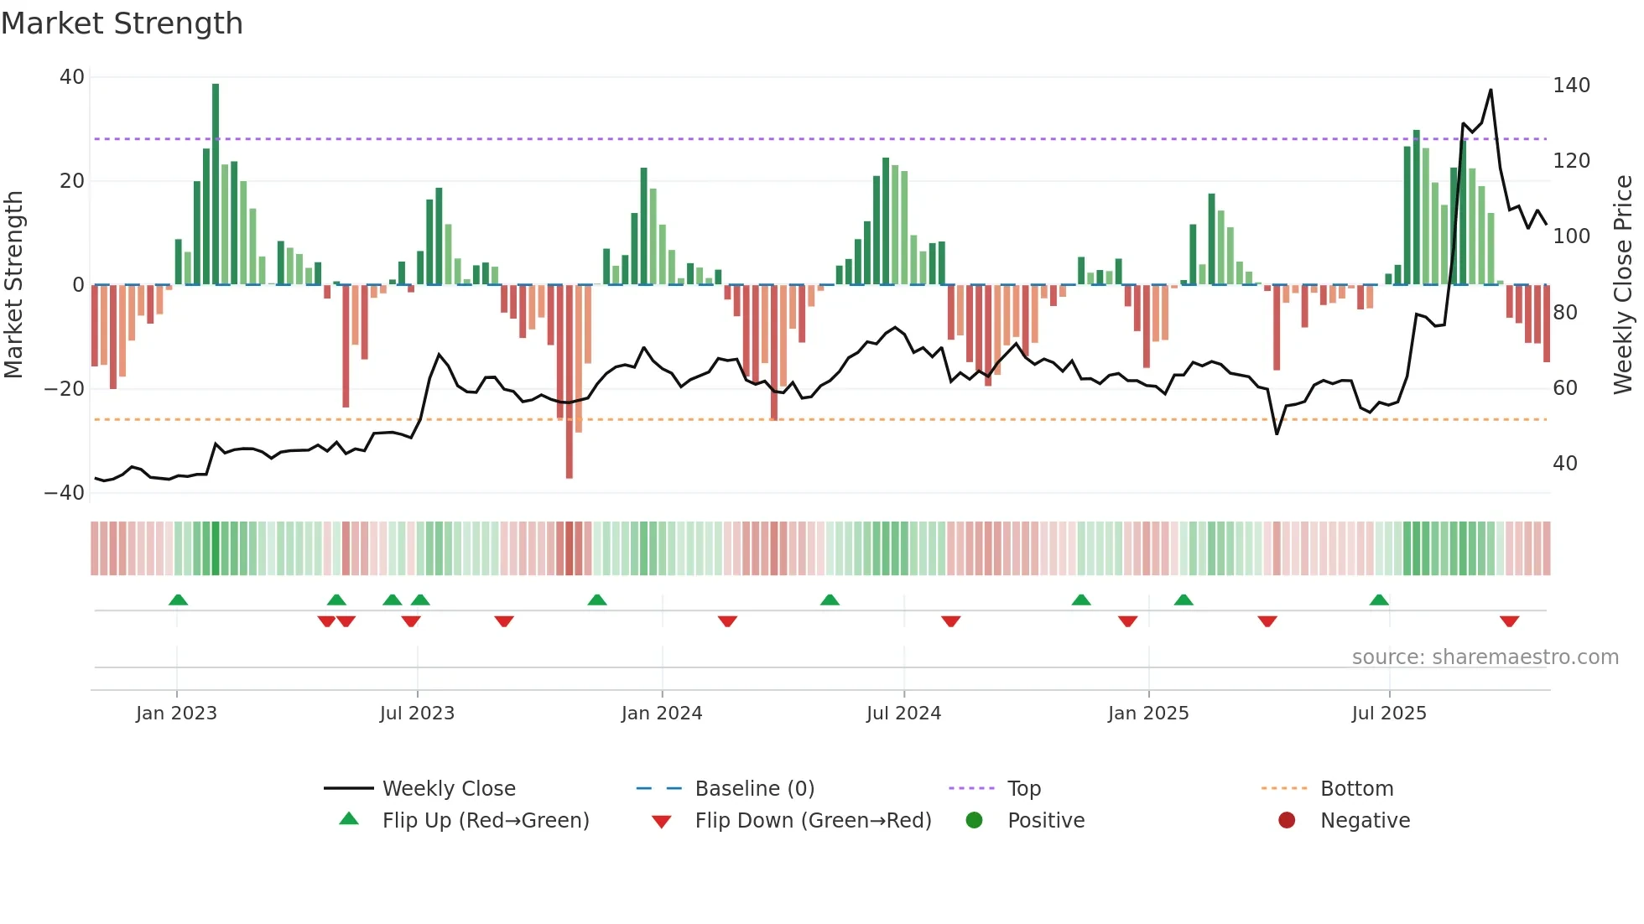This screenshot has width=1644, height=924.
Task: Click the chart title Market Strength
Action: [122, 23]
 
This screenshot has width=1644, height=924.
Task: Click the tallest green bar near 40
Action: [216, 184]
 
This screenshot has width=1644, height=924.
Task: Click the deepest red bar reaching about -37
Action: [570, 382]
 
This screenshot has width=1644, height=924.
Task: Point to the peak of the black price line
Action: [1491, 91]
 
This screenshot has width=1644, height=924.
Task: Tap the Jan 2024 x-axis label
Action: [662, 714]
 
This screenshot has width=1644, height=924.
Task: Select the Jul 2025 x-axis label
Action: [1389, 714]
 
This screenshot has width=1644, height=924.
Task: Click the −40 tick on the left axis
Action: [65, 493]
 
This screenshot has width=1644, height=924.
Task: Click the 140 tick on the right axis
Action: [1571, 86]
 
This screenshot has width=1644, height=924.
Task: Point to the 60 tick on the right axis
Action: [1565, 388]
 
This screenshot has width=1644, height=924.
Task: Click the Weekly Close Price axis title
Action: [1623, 285]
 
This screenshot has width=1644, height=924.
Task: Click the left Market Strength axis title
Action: [13, 285]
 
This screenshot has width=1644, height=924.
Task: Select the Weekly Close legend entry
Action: [449, 789]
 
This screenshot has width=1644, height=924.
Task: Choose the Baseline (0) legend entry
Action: [754, 789]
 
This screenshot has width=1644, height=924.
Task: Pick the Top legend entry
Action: [1023, 789]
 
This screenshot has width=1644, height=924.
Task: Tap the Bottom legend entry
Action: [1356, 789]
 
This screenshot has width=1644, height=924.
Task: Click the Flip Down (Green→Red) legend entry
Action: [813, 821]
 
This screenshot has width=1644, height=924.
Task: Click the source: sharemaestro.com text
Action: [1485, 657]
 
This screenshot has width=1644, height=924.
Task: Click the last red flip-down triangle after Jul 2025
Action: [1509, 621]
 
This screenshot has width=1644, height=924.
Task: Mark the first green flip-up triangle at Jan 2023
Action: [178, 600]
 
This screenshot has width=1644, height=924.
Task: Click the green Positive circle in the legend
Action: [974, 821]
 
